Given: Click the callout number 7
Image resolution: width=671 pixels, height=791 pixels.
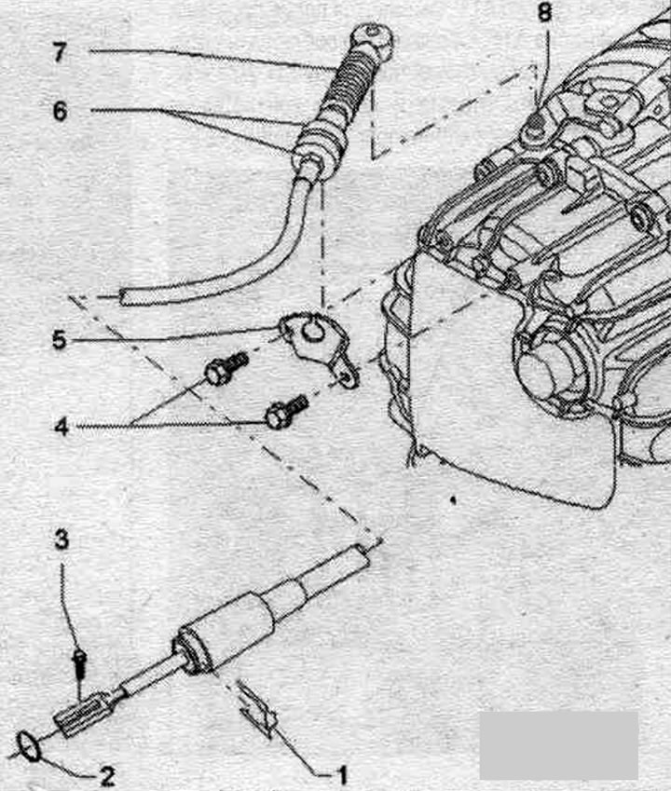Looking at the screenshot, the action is tap(60, 52).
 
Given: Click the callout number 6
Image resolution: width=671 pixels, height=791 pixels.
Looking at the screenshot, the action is tap(60, 111).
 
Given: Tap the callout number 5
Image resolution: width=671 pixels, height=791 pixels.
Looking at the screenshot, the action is tap(60, 339).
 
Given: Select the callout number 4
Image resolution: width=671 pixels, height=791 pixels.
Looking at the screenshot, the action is tap(62, 427).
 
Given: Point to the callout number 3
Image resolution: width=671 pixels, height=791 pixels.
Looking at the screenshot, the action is tap(62, 539).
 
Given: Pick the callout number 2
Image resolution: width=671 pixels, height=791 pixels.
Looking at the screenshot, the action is tap(107, 776).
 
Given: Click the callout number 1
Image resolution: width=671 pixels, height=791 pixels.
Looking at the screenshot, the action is tap(341, 774).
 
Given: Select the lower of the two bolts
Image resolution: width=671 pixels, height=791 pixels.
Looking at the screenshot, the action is tap(286, 411).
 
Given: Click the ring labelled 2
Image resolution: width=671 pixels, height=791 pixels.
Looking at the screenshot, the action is tap(30, 746).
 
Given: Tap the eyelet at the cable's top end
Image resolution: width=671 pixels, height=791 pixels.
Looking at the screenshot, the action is tap(371, 36).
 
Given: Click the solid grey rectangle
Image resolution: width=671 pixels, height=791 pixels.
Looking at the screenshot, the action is tap(558, 745).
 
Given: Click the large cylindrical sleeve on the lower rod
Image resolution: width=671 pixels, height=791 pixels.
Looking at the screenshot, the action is tap(224, 634).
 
